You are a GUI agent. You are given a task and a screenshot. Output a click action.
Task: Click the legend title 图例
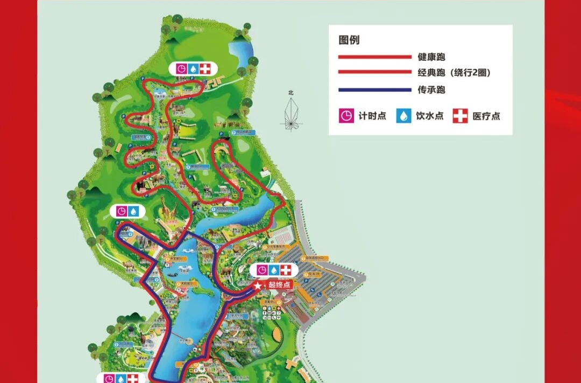pyautogui.click(x=349, y=40)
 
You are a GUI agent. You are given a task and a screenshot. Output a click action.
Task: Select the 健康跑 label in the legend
pyautogui.click(x=431, y=57)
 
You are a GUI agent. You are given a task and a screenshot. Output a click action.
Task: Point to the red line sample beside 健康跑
pyautogui.click(x=374, y=57)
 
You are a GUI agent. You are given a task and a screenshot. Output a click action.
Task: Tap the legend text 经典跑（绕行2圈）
pyautogui.click(x=455, y=73)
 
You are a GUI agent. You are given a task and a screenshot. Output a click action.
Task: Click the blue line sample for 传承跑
pyautogui.click(x=374, y=90)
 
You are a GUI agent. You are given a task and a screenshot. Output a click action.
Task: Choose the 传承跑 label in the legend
pyautogui.click(x=431, y=90)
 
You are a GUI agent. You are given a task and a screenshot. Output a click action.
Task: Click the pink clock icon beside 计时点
pyautogui.click(x=346, y=116)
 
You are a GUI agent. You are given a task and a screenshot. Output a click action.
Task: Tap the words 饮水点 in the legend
pyautogui.click(x=429, y=116)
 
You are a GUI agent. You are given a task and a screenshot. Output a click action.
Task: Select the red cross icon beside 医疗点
pyautogui.click(x=460, y=116)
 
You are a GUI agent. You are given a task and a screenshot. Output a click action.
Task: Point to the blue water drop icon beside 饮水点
pyautogui.click(x=404, y=116)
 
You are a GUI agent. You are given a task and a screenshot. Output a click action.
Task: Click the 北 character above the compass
pyautogui.click(x=291, y=93)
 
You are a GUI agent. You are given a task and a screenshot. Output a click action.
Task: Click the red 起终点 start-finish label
pyautogui.click(x=279, y=285)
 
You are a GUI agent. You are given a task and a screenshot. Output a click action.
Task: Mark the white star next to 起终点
pyautogui.click(x=259, y=285)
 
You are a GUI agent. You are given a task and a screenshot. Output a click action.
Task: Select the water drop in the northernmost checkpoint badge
pyautogui.click(x=193, y=69)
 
